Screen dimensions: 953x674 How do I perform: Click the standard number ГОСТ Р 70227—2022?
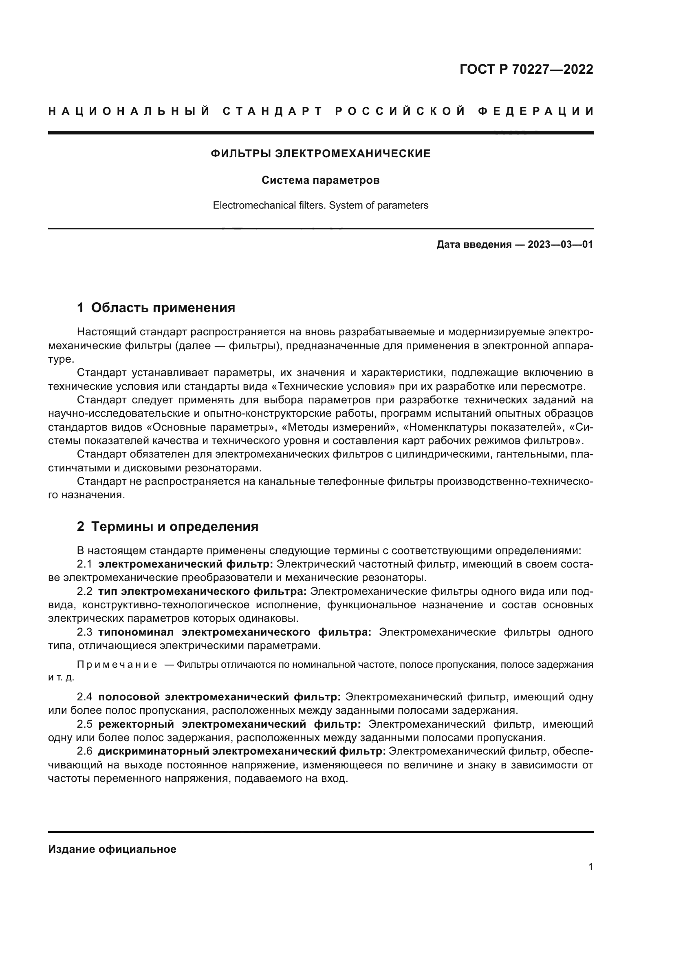pos(526,69)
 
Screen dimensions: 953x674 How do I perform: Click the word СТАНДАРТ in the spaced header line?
pos(272,111)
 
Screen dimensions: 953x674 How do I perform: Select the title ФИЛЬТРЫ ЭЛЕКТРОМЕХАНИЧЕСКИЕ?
pos(320,154)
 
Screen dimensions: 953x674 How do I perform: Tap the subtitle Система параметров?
pos(320,180)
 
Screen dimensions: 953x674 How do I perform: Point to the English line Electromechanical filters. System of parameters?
pos(320,205)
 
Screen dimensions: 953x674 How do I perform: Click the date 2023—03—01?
pos(560,244)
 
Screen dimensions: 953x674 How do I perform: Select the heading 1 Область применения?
pos(156,308)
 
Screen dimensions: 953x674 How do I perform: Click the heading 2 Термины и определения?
pos(167,527)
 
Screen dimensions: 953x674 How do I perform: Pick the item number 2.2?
pos(84,591)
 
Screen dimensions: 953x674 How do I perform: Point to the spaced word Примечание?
pos(117,665)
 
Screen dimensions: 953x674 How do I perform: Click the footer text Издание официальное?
pos(112,849)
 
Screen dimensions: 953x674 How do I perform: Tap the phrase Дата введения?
pos(474,244)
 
